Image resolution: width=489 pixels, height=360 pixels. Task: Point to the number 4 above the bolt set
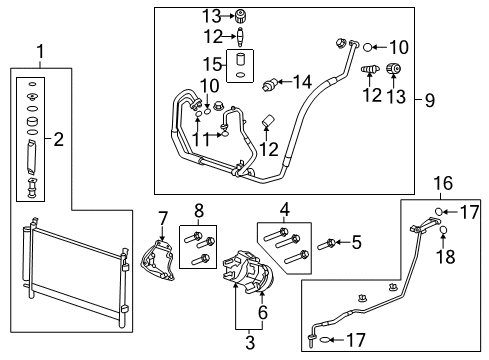[285, 210]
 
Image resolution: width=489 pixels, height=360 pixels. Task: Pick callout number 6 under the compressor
[262, 314]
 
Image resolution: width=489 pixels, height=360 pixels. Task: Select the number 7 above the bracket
[161, 218]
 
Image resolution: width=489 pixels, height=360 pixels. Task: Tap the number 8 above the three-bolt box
[198, 210]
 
